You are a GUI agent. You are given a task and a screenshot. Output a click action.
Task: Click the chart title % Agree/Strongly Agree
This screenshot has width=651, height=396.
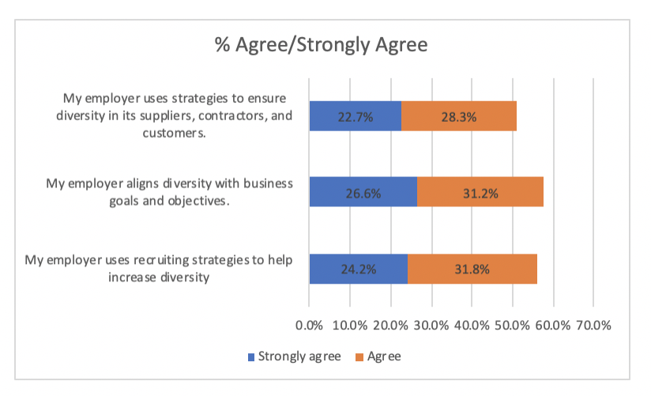(321, 45)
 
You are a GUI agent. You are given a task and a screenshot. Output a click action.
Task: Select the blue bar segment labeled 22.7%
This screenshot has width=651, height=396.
(355, 116)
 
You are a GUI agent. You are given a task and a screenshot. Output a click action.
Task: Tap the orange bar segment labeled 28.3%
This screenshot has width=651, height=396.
(459, 116)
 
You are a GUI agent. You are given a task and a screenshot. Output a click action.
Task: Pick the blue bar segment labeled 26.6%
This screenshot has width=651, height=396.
(363, 192)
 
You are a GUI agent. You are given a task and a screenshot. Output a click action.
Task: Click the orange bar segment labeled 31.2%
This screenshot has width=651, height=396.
(480, 192)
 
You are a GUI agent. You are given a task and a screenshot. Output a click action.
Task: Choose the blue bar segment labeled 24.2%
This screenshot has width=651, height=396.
(358, 269)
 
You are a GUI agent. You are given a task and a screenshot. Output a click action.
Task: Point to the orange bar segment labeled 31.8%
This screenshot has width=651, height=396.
(472, 269)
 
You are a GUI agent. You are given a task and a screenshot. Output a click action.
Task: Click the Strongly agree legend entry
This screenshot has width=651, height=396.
(295, 356)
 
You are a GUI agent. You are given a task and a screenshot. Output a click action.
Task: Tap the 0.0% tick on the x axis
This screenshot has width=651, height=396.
(309, 325)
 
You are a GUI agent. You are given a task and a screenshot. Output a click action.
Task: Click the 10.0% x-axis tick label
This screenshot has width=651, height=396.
(350, 325)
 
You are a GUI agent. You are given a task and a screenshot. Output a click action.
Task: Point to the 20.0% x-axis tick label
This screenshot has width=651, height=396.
(390, 325)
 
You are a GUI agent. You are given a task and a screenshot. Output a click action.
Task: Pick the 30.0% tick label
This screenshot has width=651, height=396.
(431, 325)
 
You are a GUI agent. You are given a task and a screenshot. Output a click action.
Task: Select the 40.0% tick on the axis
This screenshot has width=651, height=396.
(472, 325)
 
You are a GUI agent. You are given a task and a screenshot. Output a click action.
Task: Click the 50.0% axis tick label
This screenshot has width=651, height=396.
(513, 325)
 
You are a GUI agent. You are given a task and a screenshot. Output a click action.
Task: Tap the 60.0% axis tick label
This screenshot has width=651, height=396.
(553, 325)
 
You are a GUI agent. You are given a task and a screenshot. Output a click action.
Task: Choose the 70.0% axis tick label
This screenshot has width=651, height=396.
(594, 325)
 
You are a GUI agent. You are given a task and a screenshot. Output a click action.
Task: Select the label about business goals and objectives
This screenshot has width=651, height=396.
(169, 192)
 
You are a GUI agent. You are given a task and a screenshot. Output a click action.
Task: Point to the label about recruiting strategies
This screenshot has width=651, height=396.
(159, 268)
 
